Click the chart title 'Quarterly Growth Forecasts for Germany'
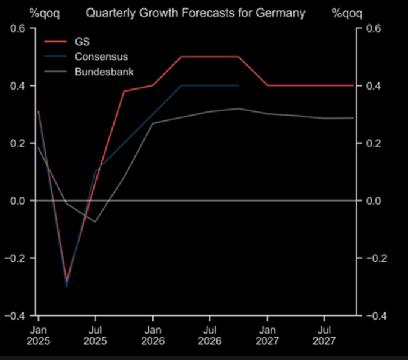click(195, 13)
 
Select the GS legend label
click(81, 42)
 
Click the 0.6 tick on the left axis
click(18, 28)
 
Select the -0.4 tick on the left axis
click(16, 315)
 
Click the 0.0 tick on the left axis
click(18, 200)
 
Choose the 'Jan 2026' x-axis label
click(152, 336)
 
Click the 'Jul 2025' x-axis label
click(95, 336)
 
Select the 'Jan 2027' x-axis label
click(268, 336)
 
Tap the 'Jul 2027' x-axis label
click(325, 336)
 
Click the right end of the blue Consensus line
click(239, 85)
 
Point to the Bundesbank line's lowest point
click(95, 222)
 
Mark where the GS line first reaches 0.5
click(181, 57)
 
